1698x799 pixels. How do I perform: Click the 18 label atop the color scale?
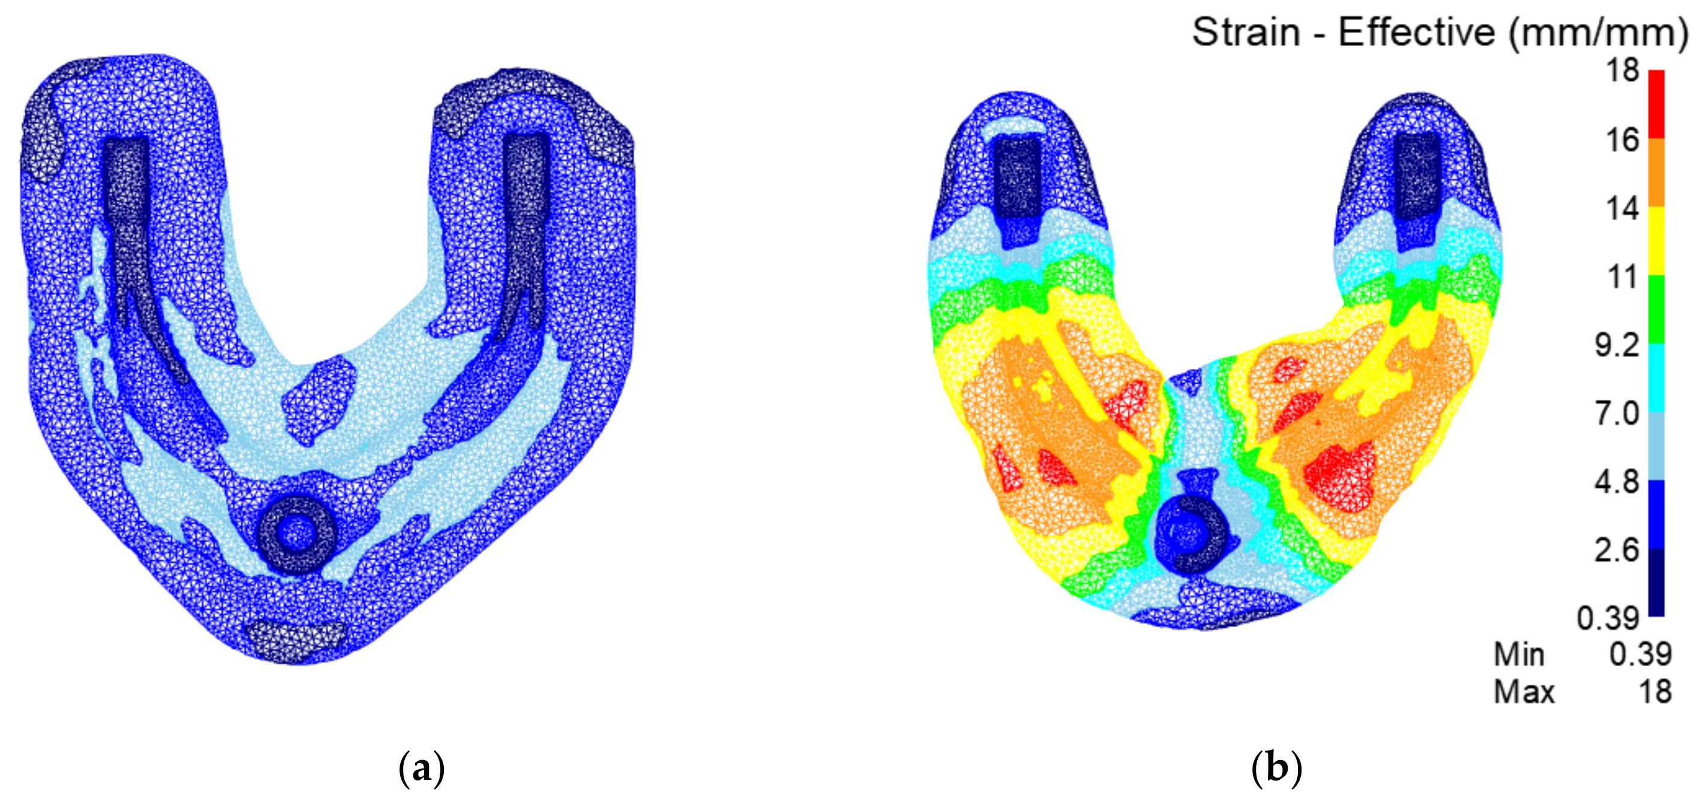pos(1622,70)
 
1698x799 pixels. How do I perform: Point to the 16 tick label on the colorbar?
pos(1622,139)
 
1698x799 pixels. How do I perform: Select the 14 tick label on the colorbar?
pos(1622,208)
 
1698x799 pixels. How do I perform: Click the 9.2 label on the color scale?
pos(1617,345)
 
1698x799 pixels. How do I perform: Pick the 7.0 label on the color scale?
pos(1617,414)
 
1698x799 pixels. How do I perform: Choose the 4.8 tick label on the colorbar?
pos(1617,482)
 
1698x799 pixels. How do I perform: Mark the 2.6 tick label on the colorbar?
pos(1617,550)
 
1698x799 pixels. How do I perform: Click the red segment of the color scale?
pos(1657,104)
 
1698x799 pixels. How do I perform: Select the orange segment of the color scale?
pos(1657,172)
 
